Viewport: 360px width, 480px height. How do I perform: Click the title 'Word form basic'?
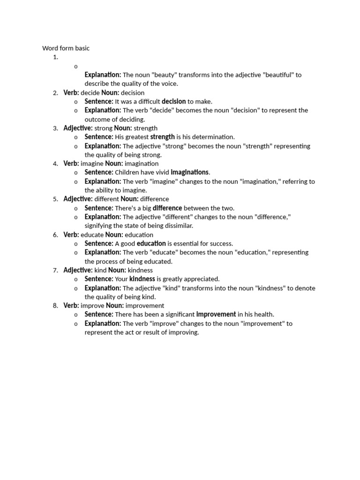coord(66,48)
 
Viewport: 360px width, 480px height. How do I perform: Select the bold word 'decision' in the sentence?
coord(173,101)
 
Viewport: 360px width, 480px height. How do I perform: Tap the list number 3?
coord(55,128)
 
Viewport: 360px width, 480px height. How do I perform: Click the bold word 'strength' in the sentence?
coord(162,137)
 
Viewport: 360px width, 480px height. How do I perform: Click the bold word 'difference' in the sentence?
coord(167,208)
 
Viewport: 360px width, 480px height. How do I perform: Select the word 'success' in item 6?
coord(220,243)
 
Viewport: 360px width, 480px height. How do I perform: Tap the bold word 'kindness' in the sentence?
coord(142,279)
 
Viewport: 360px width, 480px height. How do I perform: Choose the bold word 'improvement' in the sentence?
coord(216,314)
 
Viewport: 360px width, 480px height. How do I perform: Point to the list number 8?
coord(55,305)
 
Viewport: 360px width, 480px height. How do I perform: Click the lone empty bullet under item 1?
coord(76,66)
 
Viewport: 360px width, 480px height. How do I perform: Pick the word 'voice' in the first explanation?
coord(168,83)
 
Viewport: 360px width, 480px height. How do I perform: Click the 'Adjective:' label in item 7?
coord(78,270)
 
